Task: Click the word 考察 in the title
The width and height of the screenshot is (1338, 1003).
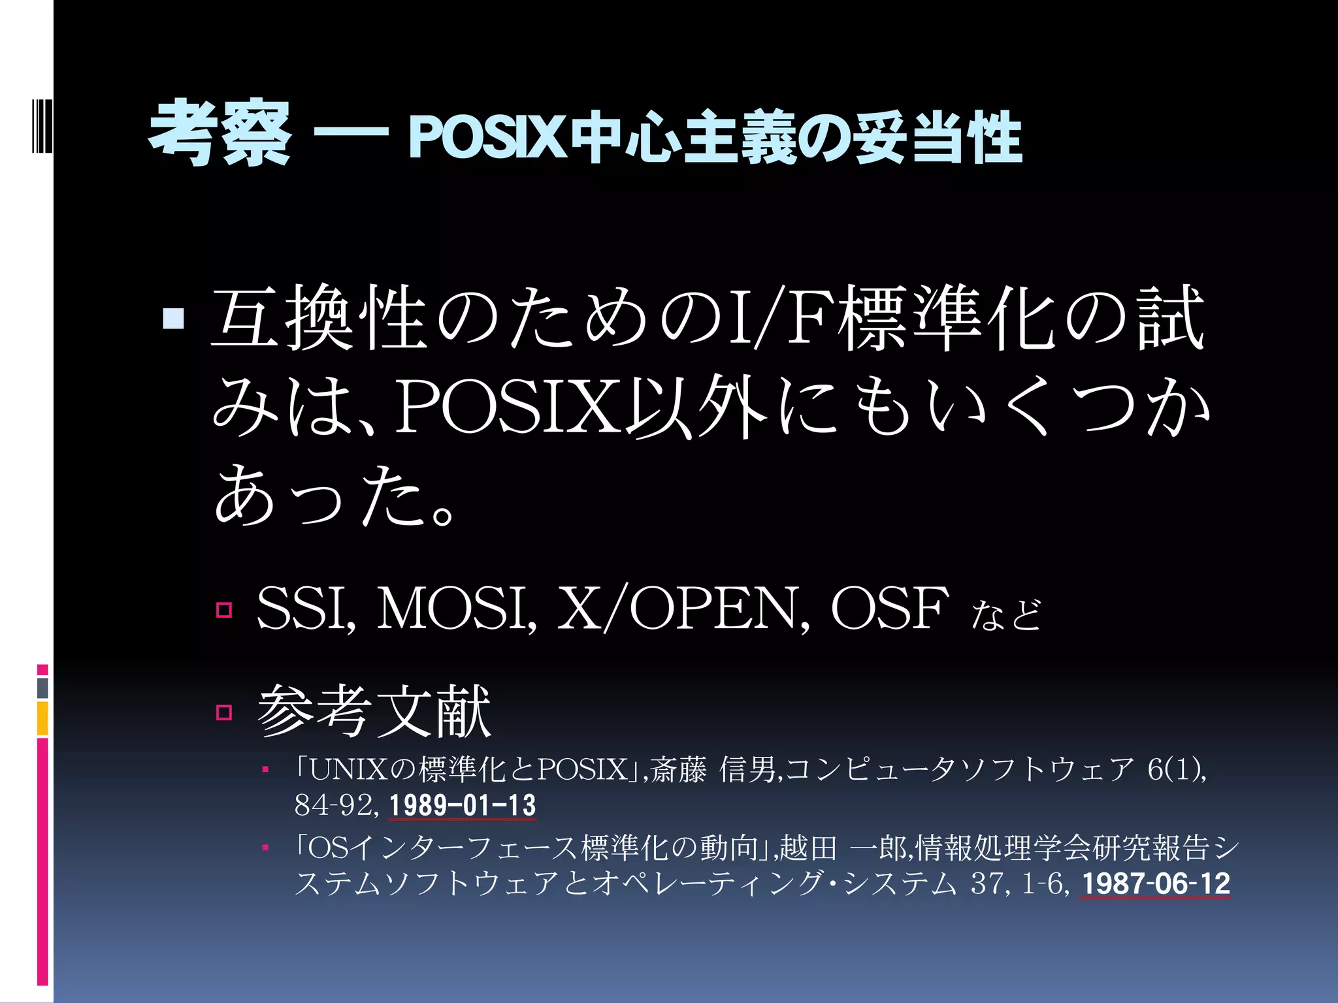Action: point(220,134)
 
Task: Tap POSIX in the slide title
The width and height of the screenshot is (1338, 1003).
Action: point(487,137)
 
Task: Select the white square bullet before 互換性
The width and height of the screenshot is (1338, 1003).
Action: point(174,319)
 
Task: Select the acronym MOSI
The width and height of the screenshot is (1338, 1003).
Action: point(457,609)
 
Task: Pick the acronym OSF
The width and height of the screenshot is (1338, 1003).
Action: point(889,609)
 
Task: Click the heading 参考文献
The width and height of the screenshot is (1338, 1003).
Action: point(374,711)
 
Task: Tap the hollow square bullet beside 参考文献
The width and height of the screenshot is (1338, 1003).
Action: point(224,712)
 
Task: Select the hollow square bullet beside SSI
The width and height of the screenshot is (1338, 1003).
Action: point(224,610)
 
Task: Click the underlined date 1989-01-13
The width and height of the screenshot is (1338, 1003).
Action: point(463,805)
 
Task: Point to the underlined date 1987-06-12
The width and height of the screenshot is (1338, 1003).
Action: point(1155,884)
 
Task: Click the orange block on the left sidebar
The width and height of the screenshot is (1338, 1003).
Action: point(42,718)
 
